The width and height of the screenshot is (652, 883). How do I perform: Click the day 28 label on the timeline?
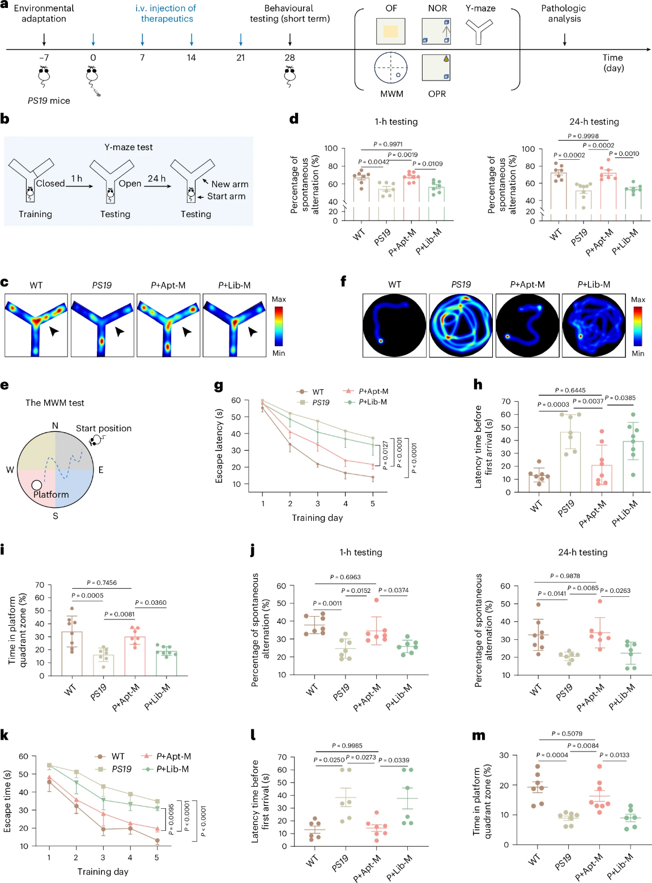pos(289,58)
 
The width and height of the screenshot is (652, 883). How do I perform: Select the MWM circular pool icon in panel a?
pos(391,67)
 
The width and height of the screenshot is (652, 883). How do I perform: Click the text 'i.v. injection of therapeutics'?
pos(166,14)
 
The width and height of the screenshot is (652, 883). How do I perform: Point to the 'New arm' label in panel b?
pos(229,184)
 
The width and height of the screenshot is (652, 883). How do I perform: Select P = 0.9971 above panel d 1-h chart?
pos(388,145)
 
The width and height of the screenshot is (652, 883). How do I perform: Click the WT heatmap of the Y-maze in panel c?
pos(36,325)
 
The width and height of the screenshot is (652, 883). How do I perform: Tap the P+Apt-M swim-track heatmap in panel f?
pos(527,325)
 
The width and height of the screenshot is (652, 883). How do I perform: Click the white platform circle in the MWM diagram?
pos(37,485)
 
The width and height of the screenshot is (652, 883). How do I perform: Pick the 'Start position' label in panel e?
pos(104,428)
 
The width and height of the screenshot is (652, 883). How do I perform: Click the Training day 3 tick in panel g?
pos(318,503)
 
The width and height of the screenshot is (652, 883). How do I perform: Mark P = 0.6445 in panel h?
pos(570,390)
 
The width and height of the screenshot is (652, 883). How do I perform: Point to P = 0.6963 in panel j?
pos(346,578)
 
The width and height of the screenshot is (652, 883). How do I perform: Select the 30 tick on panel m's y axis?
pos(504,755)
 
